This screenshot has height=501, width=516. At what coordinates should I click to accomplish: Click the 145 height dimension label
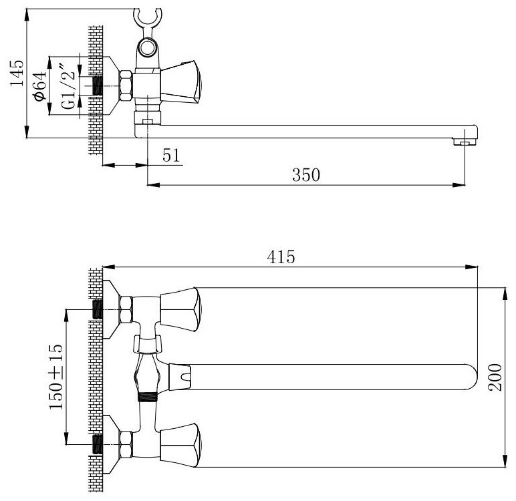point(17,73)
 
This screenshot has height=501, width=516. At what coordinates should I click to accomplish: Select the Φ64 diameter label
point(39,86)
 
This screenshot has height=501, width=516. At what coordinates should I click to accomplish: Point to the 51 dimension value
point(172,155)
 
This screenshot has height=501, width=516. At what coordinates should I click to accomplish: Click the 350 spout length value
point(306,174)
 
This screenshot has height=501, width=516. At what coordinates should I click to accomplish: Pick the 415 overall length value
point(281,257)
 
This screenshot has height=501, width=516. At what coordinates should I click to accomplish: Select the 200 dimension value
point(495,377)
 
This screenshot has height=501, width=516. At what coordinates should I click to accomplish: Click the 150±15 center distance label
point(56,377)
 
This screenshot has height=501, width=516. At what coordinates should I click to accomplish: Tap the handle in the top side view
point(180,81)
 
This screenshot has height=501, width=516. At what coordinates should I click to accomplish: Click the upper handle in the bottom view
point(180,309)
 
